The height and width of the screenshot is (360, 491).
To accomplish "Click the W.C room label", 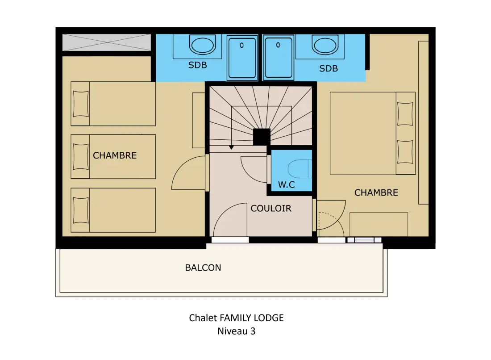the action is [286, 184].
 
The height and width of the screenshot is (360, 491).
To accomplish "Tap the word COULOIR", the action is [271, 208].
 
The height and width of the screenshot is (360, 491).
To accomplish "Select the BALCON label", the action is [203, 268].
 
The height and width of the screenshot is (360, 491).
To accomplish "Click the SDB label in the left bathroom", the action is [198, 65].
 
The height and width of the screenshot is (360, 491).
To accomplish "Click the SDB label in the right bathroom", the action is [329, 69].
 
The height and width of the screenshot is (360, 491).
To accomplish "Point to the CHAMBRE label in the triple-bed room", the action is [115, 155].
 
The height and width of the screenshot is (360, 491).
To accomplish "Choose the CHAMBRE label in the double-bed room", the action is [376, 193].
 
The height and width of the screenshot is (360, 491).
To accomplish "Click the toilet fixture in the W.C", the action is [300, 169].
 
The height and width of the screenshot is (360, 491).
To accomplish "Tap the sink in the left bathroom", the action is [203, 45].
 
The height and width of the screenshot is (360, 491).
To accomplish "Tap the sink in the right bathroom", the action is [325, 45].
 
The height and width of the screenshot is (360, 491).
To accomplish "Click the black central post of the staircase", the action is [262, 137].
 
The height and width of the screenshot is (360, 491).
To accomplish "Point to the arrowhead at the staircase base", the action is [231, 147].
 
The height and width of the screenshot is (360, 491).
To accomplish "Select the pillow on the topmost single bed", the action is [81, 104].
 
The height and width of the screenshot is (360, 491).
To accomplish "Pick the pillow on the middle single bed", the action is [81, 157].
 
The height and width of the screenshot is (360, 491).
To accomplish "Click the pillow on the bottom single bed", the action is [81, 210].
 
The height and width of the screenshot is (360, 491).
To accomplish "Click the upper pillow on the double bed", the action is [405, 114].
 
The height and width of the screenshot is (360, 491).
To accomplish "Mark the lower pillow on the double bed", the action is [405, 152].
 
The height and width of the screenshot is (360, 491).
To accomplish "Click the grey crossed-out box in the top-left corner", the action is [107, 42].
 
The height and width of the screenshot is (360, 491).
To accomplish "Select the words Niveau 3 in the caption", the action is [237, 331].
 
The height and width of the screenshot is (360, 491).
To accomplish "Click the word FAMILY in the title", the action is [236, 318].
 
